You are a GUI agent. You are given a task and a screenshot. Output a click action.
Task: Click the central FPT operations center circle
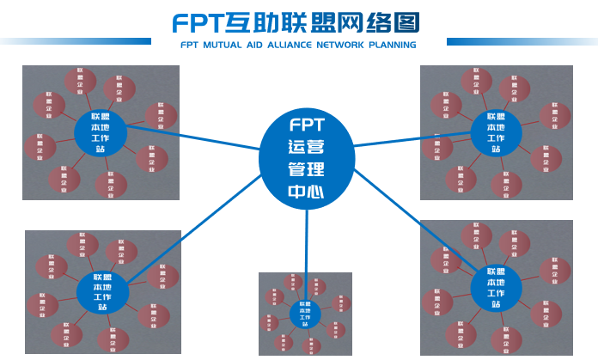(x=306, y=158)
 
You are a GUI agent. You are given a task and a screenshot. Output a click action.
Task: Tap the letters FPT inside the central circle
(x=306, y=124)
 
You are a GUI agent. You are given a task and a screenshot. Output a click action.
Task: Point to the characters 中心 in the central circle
(x=306, y=192)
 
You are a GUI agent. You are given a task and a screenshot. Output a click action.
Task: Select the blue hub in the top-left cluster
(x=100, y=133)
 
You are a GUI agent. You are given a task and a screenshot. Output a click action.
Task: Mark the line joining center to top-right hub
(x=412, y=139)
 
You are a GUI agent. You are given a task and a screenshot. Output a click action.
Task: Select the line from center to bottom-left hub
(x=193, y=227)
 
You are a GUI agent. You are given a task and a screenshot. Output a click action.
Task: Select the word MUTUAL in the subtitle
(x=229, y=45)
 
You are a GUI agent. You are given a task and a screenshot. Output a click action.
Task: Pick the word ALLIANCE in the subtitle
(x=300, y=45)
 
